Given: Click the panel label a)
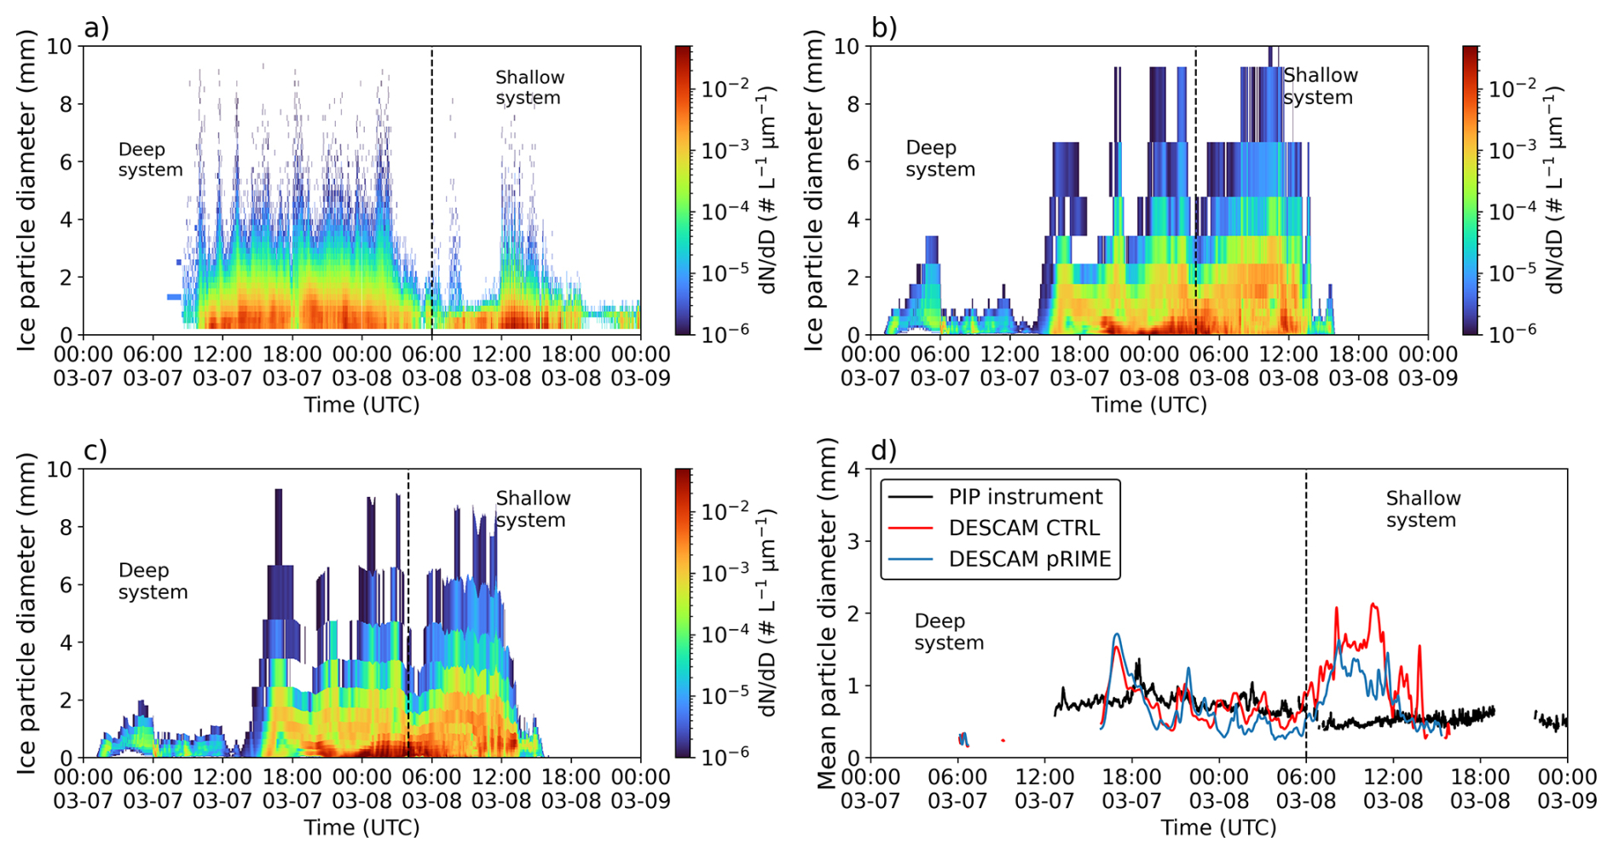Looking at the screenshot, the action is pos(96,28).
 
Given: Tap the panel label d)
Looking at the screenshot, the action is pos(884,450).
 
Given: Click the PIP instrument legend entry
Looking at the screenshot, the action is pos(996,497).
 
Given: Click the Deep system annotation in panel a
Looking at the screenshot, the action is pos(150,159).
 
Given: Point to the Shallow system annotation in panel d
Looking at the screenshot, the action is pos(1423,509).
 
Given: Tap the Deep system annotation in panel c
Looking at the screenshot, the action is pos(153,581).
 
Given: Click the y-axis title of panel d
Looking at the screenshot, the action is pos(827,614).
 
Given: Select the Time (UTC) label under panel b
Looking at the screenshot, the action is pos(1149,405).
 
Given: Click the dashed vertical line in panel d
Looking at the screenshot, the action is pos(1306,613).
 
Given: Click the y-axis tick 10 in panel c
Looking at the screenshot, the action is pos(59,470).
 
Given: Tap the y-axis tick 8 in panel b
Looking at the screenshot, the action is pos(853,104).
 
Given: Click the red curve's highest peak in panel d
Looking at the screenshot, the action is pos(1373,604).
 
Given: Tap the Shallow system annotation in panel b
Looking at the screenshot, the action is pos(1321,86).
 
